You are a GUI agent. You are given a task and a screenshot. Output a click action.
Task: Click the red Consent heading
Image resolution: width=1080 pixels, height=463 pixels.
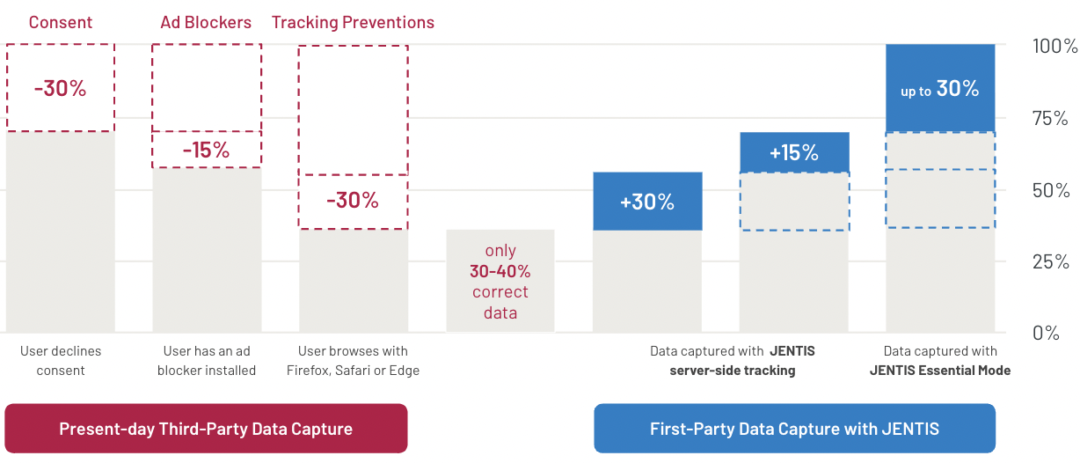point(61,22)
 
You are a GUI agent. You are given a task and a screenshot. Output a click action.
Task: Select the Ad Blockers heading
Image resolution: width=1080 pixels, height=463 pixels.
point(206,22)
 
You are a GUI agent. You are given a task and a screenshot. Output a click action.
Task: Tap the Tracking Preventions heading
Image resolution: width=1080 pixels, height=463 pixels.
point(353,23)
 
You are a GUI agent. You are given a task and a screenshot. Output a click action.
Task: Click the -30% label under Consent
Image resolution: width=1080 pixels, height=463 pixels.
point(61,88)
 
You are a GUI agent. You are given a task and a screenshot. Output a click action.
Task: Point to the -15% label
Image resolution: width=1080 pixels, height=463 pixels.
point(207,151)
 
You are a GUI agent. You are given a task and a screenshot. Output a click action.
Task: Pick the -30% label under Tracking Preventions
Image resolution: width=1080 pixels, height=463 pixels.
point(353,200)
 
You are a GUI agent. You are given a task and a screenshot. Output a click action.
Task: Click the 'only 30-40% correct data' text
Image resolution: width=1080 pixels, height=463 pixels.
point(500,282)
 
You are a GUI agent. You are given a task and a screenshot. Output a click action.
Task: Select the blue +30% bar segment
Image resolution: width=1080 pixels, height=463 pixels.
point(647,201)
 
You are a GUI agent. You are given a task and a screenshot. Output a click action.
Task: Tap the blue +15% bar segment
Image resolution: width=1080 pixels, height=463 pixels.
point(794,152)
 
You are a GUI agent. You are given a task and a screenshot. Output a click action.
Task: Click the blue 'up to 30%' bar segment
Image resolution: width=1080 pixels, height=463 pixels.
point(940,88)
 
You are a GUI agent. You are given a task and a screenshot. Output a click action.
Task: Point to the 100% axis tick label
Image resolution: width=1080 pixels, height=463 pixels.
point(1054,47)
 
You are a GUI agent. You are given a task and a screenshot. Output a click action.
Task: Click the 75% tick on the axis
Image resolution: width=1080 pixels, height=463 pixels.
point(1050,119)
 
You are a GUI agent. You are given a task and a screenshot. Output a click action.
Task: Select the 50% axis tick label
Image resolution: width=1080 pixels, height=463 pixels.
point(1051,191)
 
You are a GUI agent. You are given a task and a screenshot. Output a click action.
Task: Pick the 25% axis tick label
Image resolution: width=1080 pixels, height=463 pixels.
point(1051,261)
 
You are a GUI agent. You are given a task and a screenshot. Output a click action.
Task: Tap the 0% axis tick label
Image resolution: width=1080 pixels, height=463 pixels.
point(1046,333)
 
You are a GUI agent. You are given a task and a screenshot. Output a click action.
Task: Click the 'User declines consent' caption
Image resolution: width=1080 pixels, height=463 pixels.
point(61,361)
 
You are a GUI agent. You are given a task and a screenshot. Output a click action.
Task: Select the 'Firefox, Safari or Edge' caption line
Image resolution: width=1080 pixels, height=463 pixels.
point(353,371)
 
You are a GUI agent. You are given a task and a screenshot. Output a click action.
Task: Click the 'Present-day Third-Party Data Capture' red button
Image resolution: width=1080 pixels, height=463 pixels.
point(206,429)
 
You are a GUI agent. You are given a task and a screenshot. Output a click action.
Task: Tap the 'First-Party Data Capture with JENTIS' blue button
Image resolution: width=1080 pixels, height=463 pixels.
point(794,429)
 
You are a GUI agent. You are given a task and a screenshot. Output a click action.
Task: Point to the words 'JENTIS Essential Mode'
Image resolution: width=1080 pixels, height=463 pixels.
point(940,371)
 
